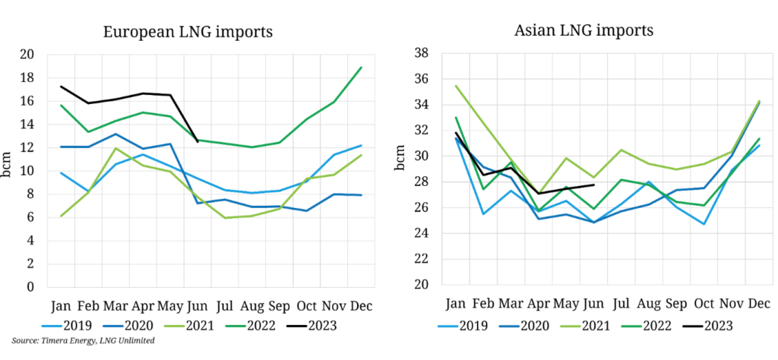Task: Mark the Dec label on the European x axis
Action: pyautogui.click(x=360, y=306)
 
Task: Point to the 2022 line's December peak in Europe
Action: pyautogui.click(x=361, y=68)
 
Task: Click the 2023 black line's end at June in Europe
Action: pyautogui.click(x=198, y=141)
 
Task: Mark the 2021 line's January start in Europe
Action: pyautogui.click(x=61, y=216)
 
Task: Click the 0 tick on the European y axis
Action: pyautogui.click(x=31, y=288)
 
